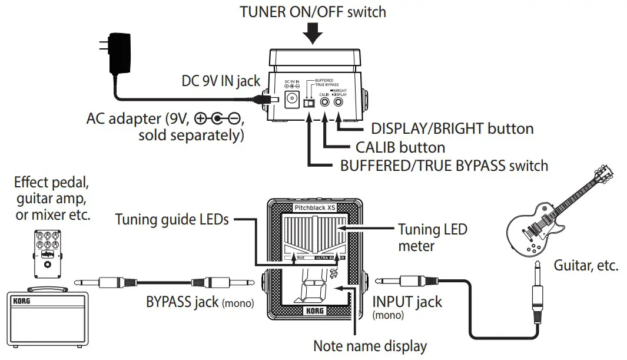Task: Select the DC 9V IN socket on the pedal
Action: (292, 99)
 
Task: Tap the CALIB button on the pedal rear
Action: (324, 102)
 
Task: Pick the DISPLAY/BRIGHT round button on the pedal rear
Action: (339, 102)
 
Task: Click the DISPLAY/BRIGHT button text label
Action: (452, 128)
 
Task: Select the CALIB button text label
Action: (400, 147)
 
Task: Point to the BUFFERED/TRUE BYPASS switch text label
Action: (444, 166)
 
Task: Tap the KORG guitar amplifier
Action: (47, 318)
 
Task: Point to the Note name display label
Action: (370, 346)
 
